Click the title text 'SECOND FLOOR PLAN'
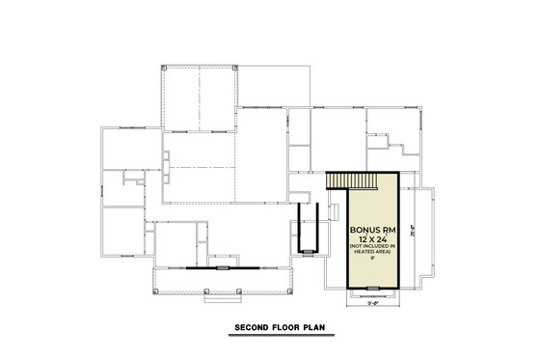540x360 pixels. [x=280, y=328]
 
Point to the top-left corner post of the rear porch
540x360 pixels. [x=164, y=69]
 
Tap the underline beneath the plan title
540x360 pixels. [x=280, y=335]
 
